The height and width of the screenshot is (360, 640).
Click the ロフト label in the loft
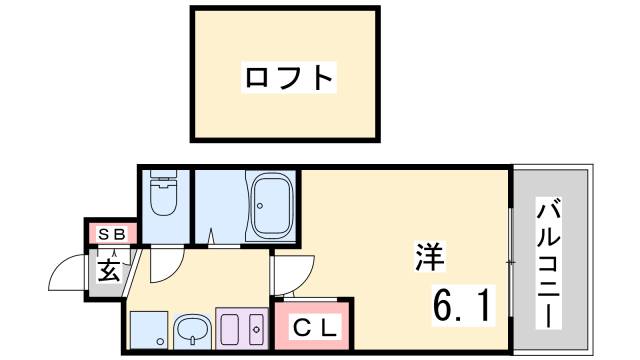pos(287,76)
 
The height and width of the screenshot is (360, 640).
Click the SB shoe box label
pos(110,234)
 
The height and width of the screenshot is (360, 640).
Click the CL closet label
pos(314,327)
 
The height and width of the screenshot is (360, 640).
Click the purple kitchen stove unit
pos(242,328)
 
